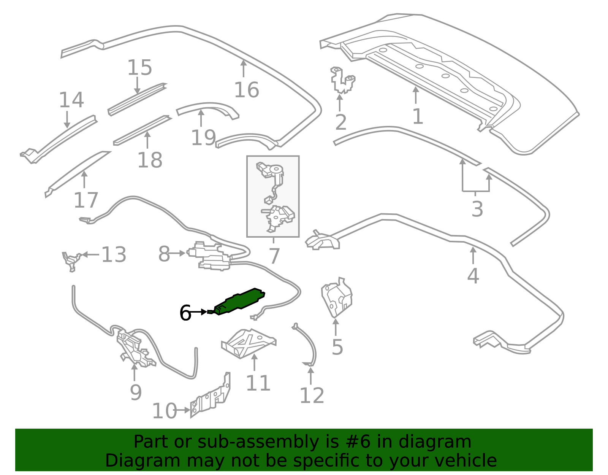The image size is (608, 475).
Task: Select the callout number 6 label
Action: (x=185, y=313)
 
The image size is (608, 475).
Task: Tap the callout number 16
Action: (x=247, y=90)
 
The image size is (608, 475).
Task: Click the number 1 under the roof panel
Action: (x=418, y=116)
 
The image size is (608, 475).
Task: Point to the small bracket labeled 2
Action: (x=342, y=80)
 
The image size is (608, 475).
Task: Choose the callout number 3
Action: (x=477, y=209)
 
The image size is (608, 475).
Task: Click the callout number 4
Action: (x=473, y=276)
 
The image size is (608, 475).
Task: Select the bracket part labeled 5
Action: (x=336, y=298)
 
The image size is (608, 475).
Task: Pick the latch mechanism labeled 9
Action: (x=135, y=349)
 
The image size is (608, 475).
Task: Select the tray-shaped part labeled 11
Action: (x=249, y=343)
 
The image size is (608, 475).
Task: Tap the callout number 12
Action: (x=312, y=396)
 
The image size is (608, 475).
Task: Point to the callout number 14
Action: (x=71, y=100)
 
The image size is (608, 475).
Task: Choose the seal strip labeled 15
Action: (x=137, y=100)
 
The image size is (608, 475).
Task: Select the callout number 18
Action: (x=150, y=160)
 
